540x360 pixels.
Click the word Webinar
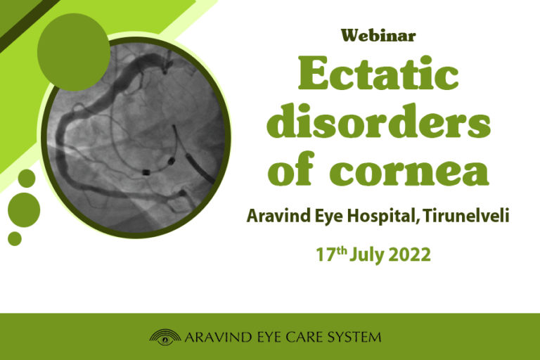pyautogui.click(x=378, y=35)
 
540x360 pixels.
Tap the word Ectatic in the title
pyautogui.click(x=378, y=72)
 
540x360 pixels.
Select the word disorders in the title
pyautogui.click(x=378, y=120)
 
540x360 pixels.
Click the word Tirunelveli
pyautogui.click(x=466, y=216)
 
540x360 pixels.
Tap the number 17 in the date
pyautogui.click(x=326, y=255)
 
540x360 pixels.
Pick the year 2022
pyautogui.click(x=409, y=255)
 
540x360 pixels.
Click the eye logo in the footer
pyautogui.click(x=165, y=337)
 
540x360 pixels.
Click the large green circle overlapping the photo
pyautogui.click(x=74, y=52)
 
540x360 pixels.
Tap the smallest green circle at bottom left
pyautogui.click(x=15, y=239)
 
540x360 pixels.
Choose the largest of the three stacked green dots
pyautogui.click(x=24, y=210)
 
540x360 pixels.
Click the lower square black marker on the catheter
pyautogui.click(x=146, y=172)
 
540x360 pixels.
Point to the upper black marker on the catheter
pyautogui.click(x=171, y=160)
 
